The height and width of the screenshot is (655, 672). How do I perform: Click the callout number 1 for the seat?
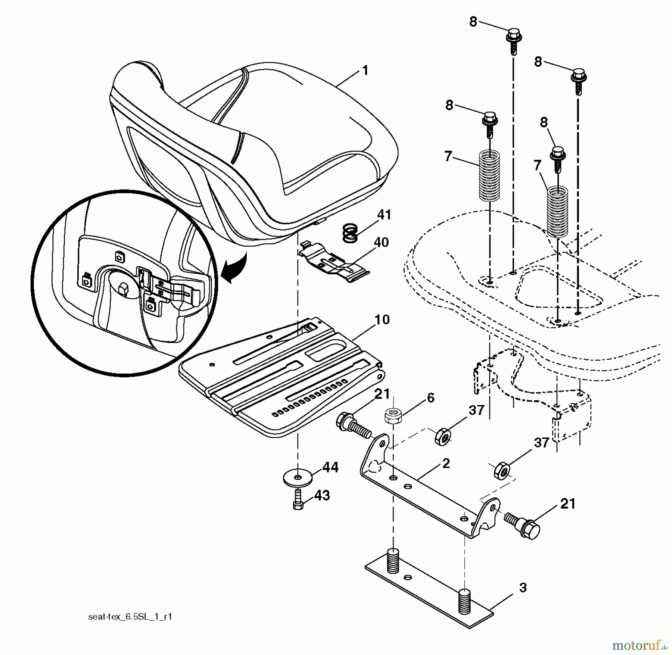(x=365, y=70)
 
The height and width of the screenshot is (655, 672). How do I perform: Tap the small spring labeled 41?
(x=350, y=233)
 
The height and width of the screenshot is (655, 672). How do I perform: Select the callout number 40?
(x=381, y=243)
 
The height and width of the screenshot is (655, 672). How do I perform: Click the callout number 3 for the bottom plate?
(x=523, y=588)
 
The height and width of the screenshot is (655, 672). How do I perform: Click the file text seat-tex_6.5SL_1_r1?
(x=130, y=617)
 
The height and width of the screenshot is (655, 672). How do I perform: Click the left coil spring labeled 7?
(x=489, y=175)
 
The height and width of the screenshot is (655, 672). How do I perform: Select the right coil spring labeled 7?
(x=557, y=212)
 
